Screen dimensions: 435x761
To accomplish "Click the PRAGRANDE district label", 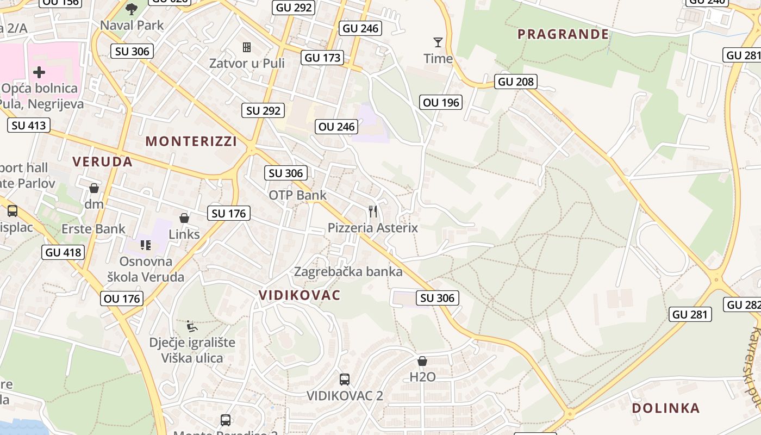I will tap(563, 34).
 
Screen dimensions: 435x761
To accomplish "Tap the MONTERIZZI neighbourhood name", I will tap(191, 141).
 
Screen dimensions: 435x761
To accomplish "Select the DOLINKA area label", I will tap(665, 408).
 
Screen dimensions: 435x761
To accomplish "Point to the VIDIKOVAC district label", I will tap(300, 295).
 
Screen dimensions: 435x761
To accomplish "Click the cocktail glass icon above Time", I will tap(438, 42).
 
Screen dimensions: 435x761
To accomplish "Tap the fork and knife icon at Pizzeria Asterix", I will tap(372, 211).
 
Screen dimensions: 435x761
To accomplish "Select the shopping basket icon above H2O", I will tap(422, 361).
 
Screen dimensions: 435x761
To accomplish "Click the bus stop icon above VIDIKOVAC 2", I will tap(344, 379).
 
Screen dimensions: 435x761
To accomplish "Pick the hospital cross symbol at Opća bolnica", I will tap(39, 72).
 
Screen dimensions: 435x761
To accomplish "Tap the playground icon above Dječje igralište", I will tap(191, 326).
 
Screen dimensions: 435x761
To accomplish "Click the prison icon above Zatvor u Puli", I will tap(247, 47).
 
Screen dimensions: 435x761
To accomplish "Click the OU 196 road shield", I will tap(441, 102).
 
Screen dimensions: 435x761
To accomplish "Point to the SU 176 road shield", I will tap(229, 213).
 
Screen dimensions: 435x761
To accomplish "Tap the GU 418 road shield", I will tap(63, 252).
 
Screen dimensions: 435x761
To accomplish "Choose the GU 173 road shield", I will tap(323, 58).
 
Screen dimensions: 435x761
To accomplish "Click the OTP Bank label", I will tap(298, 195).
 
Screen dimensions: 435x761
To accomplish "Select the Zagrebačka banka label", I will tap(348, 271).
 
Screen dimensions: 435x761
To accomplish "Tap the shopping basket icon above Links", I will tap(184, 218).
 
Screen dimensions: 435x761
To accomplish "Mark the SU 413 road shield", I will tap(29, 126).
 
